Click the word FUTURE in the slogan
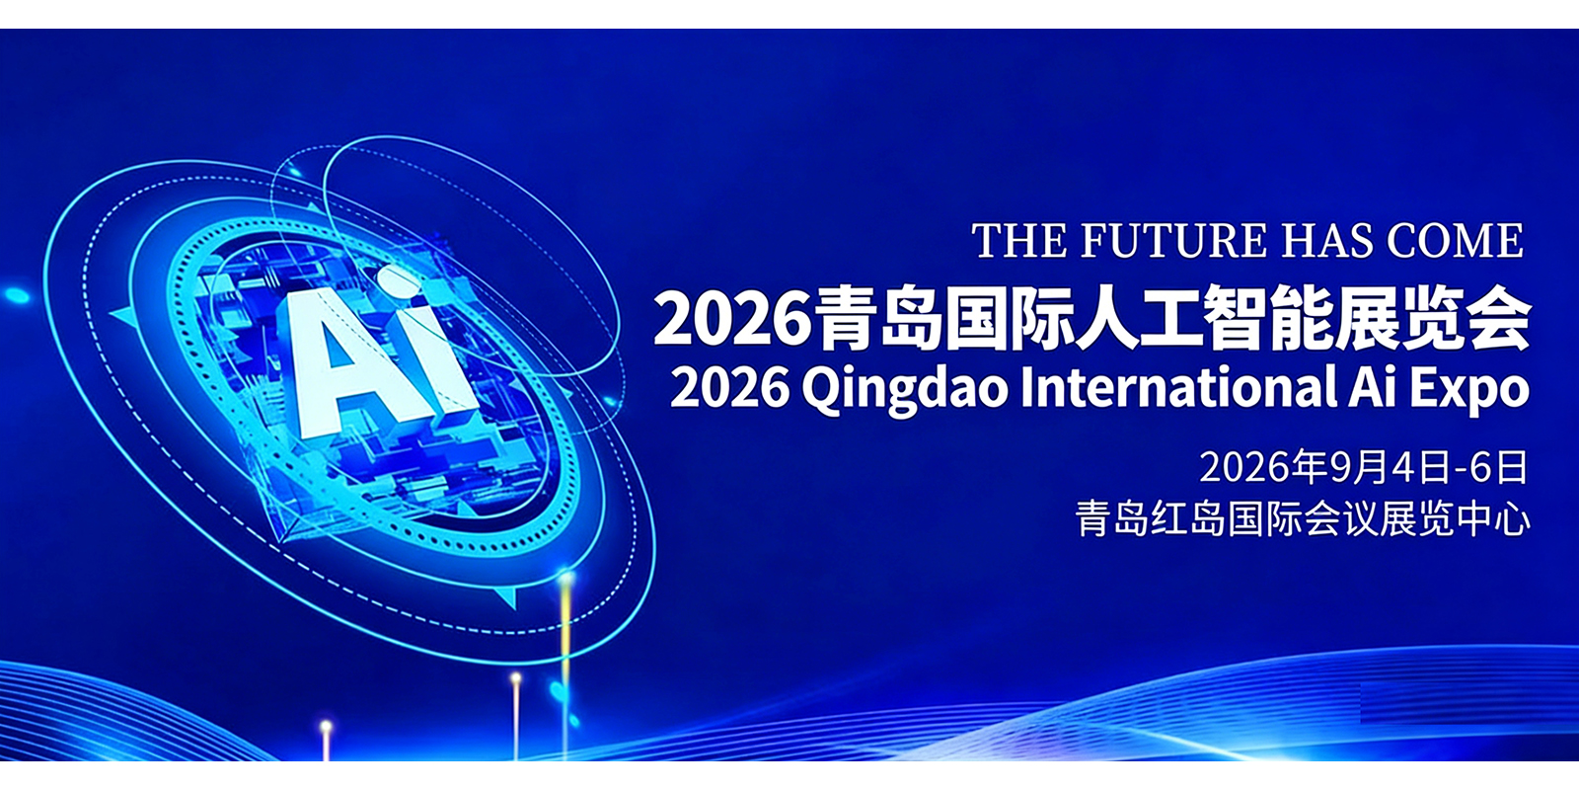tap(1173, 241)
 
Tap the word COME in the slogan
tap(1455, 241)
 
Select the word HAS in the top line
tap(1326, 241)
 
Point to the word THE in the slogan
tap(1019, 241)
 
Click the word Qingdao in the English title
tap(904, 389)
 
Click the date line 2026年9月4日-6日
tap(1364, 467)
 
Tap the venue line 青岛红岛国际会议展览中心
tap(1302, 519)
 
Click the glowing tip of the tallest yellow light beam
tap(566, 580)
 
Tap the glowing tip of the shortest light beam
tap(326, 726)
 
